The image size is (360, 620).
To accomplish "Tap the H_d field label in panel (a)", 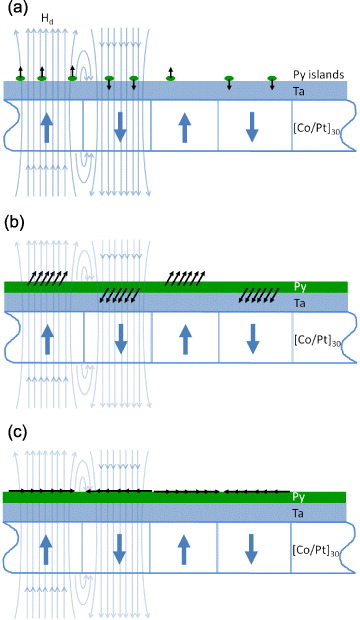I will [47, 19].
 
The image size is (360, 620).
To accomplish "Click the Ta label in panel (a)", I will [298, 91].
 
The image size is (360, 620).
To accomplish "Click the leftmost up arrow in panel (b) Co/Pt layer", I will [45, 338].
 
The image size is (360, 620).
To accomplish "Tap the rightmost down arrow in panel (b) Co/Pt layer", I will [252, 338].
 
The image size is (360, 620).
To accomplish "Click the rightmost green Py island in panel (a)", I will [272, 78].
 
